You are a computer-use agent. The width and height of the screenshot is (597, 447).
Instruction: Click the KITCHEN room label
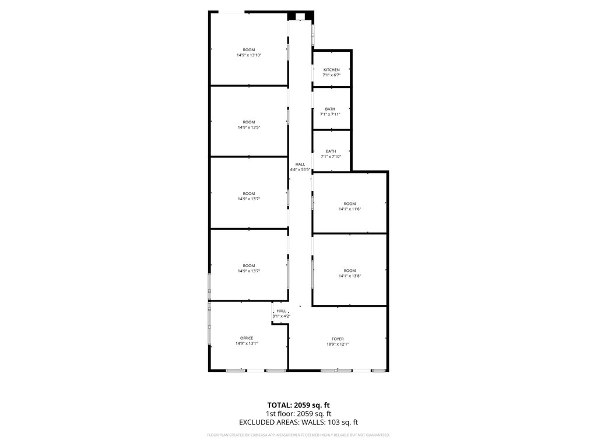click(331, 70)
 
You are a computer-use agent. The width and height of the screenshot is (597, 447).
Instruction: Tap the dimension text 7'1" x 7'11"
click(330, 114)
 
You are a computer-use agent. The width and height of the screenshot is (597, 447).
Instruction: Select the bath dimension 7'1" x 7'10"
click(331, 156)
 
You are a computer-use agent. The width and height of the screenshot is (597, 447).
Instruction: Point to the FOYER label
click(338, 339)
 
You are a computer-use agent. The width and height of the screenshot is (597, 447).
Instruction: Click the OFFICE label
click(247, 338)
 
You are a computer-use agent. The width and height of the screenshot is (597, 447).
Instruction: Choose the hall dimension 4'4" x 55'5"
click(300, 169)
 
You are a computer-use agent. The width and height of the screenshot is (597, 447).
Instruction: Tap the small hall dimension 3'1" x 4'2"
click(282, 316)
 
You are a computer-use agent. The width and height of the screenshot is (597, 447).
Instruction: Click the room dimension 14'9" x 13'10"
click(249, 55)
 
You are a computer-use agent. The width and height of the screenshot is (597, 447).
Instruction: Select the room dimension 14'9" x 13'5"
click(249, 127)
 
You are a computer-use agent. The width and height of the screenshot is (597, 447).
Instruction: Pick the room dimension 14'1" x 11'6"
click(350, 209)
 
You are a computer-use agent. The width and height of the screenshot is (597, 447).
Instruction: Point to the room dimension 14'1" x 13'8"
click(350, 276)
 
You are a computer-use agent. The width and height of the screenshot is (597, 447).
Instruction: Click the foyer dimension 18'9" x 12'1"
click(338, 345)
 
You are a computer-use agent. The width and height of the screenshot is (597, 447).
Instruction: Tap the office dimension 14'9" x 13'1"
click(247, 343)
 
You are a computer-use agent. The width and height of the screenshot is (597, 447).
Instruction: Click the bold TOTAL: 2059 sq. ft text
click(298, 405)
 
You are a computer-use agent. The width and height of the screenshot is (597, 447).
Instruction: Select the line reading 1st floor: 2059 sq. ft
click(298, 414)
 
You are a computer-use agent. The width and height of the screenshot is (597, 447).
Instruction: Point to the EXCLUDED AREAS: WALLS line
click(298, 423)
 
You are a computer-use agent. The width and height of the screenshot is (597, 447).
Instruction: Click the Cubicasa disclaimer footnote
click(298, 435)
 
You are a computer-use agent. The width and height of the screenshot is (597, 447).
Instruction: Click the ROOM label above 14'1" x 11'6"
click(350, 204)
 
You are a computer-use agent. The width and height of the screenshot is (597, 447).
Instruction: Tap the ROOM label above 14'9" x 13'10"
click(249, 50)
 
